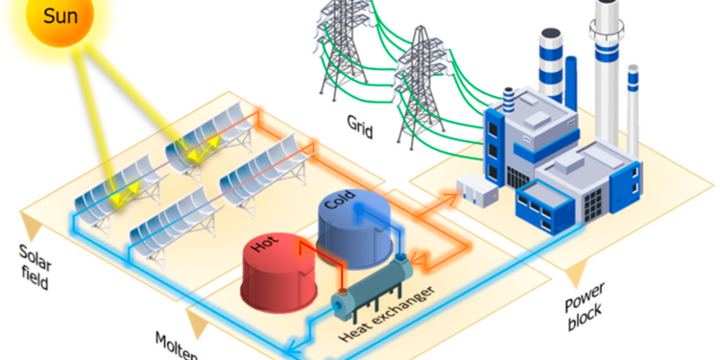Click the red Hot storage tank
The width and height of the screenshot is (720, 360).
coord(279,271)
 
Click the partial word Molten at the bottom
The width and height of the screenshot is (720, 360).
coord(178,346)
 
